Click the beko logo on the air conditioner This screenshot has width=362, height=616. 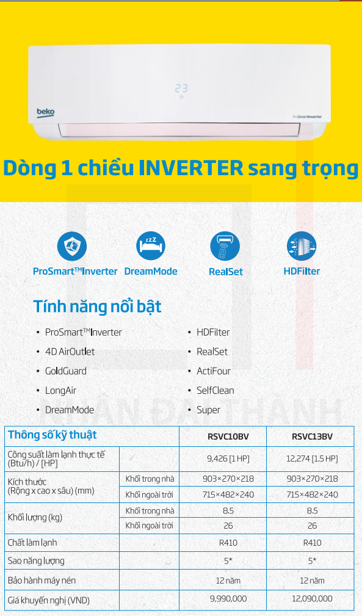46,112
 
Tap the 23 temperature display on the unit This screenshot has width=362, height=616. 181,89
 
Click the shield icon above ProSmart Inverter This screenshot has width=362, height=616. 72,246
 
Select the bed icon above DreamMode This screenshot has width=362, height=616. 151,246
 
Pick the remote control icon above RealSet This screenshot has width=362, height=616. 225,246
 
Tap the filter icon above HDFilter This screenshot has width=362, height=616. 302,246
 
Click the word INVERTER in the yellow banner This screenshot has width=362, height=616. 191,168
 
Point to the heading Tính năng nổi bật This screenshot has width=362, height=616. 98,307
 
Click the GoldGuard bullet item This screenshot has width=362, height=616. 65,371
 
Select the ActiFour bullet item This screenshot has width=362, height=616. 214,371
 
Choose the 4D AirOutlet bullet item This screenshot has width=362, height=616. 70,352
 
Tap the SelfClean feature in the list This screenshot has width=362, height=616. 215,391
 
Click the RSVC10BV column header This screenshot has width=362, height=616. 228,437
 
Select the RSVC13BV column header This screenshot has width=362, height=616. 312,437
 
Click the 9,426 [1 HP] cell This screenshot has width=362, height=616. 228,458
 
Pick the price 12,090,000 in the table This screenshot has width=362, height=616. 312,599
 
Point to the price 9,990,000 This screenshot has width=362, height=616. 228,599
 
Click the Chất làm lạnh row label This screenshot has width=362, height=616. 32,543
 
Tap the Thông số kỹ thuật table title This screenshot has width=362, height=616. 52,435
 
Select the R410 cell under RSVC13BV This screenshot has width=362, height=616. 312,543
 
